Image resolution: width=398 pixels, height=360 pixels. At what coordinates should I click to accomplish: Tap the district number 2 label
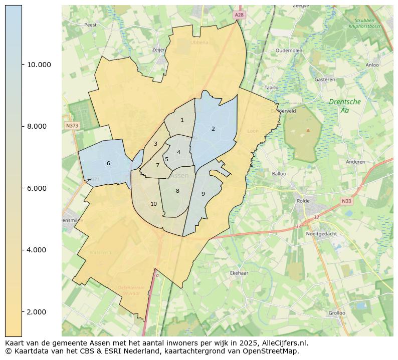coord(213,129)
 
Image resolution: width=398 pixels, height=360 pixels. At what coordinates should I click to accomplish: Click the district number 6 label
coord(108,163)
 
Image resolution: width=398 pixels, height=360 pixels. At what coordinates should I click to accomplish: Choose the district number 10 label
coord(153,204)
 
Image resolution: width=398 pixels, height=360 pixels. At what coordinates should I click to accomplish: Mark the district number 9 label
coord(203,194)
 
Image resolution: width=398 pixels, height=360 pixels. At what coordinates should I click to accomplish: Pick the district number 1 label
coord(182,120)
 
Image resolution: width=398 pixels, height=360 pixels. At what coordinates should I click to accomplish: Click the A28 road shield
coord(239,16)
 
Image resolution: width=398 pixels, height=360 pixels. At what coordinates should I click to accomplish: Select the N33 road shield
coord(346,201)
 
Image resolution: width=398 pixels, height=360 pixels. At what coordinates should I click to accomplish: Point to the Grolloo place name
coord(336,313)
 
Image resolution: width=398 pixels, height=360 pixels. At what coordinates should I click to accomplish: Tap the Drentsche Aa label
coord(345,106)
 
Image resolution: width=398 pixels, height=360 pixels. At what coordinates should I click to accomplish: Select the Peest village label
coord(90,25)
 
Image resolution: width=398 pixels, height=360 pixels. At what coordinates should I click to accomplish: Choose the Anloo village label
coord(372,65)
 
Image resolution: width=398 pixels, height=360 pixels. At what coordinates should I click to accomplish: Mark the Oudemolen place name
coord(289,51)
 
